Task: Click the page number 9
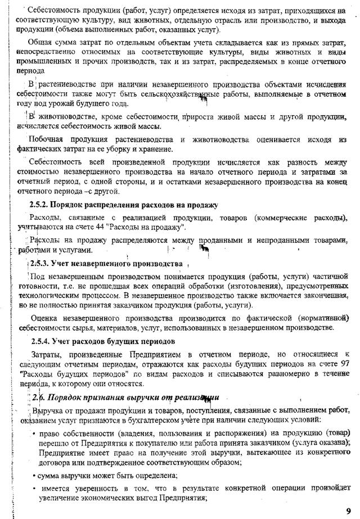(348, 509)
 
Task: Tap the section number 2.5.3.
(41, 263)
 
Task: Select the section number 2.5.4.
(41, 341)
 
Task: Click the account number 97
(343, 364)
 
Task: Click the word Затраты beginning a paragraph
(47, 354)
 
